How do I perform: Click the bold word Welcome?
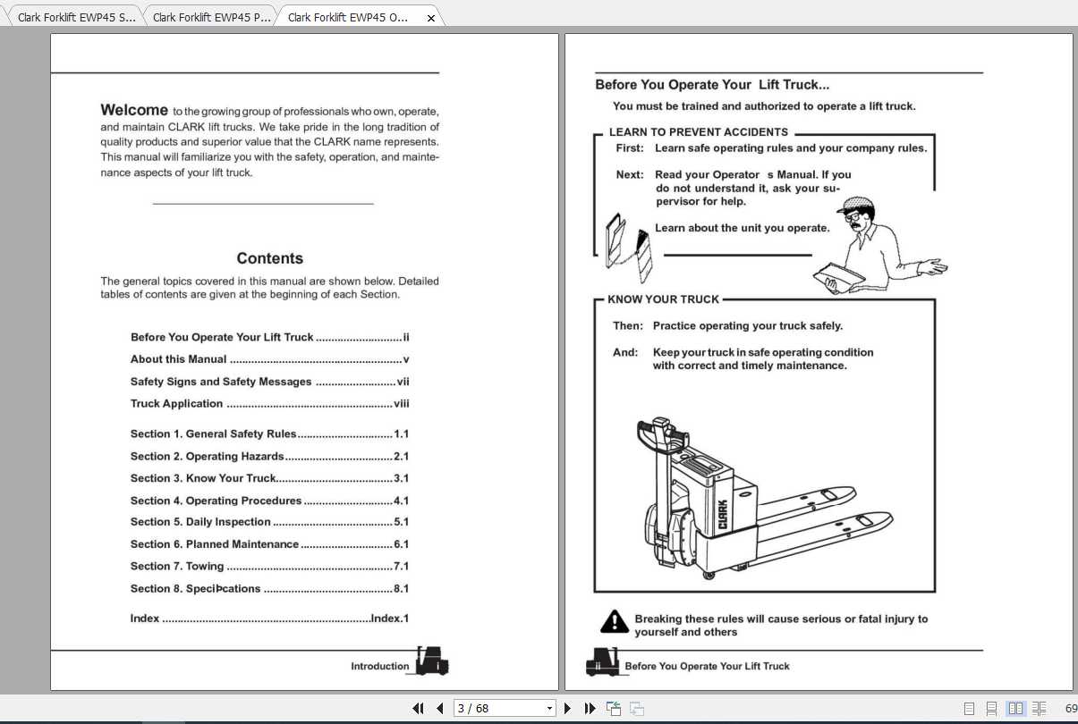[x=134, y=110]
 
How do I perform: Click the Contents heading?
[x=269, y=258]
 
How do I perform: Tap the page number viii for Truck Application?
[x=401, y=404]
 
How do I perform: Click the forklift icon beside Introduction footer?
[x=431, y=662]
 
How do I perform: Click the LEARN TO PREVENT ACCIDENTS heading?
[x=699, y=132]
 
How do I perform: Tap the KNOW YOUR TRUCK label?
[x=663, y=299]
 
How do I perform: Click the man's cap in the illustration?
[x=858, y=204]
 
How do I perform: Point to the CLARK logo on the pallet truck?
[x=722, y=516]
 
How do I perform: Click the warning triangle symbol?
[x=614, y=621]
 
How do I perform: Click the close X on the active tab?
[x=431, y=18]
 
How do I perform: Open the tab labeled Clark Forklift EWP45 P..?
[x=212, y=17]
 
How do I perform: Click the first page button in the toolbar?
[x=418, y=708]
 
